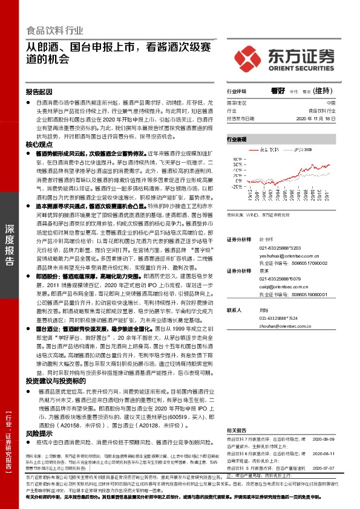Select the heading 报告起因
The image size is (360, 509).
[x=39, y=92]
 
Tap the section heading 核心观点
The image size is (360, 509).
[x=39, y=145]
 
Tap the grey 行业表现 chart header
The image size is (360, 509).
[x=237, y=139]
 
